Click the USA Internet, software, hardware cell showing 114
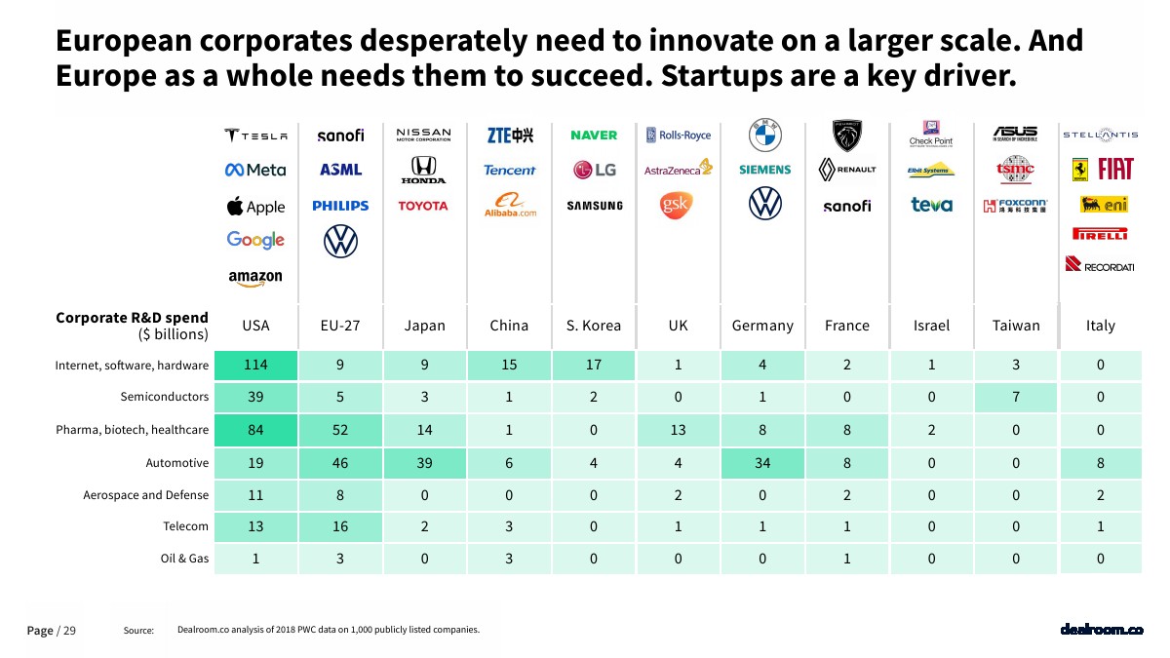coord(255,366)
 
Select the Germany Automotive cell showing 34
coord(762,463)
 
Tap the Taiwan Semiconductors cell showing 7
coord(1016,398)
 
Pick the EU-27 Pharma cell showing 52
coord(340,430)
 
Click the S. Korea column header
coord(593,326)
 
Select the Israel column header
coord(931,326)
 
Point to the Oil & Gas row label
coord(185,559)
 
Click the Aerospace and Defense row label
coord(145,494)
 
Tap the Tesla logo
coord(255,135)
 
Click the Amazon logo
coord(255,277)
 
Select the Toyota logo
coord(423,206)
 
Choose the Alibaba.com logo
coord(510,206)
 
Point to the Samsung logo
coord(594,206)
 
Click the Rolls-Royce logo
coord(679,135)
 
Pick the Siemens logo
coord(764,170)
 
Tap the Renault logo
coord(846,170)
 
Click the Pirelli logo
coord(1100,234)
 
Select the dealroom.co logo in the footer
coord(1101,630)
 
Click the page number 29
coord(69,631)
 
